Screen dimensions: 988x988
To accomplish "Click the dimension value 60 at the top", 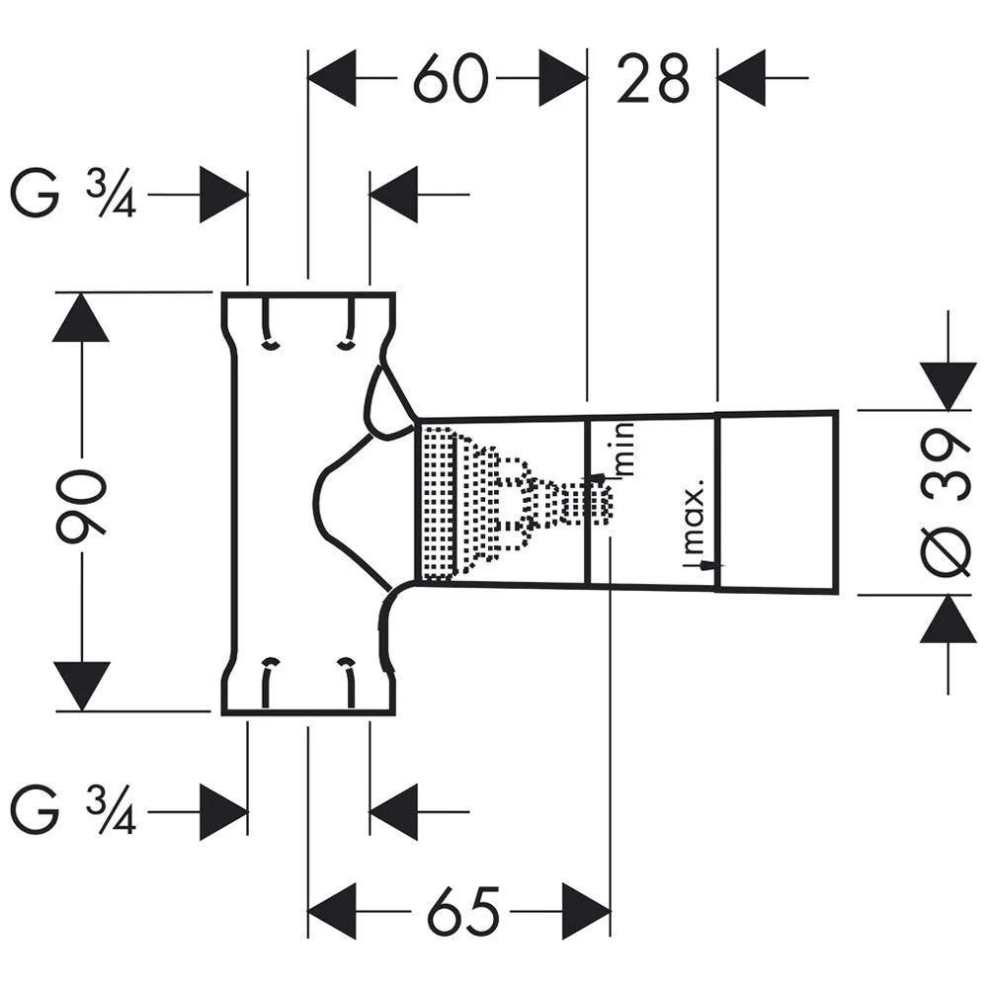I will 451,80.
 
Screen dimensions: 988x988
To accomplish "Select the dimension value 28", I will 652,80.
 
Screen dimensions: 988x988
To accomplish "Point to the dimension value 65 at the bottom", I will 462,910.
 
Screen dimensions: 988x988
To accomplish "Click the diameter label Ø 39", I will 949,503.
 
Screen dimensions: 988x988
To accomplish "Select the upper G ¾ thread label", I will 72,195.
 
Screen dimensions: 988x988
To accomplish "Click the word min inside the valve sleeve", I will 621,449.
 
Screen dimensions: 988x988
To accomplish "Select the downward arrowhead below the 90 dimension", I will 81,686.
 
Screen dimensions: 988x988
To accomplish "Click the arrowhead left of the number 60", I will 333,80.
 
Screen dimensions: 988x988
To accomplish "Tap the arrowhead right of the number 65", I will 586,910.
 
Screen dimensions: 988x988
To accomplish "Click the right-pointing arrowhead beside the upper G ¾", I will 223,195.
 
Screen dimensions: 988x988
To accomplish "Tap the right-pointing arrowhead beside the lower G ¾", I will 223,813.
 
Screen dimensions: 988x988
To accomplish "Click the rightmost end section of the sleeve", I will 777,503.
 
